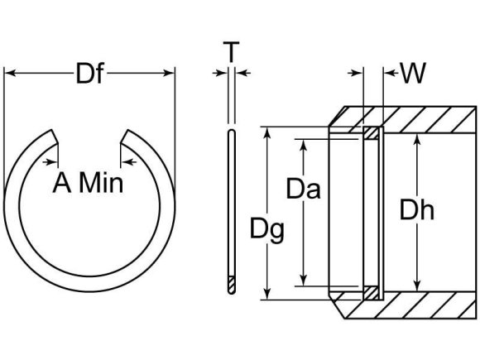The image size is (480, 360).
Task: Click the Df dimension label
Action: pyautogui.click(x=90, y=74)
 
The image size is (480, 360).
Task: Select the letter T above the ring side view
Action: pyautogui.click(x=232, y=53)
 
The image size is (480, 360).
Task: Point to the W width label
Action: pyautogui.click(x=413, y=74)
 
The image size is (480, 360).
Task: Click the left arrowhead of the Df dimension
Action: pyautogui.click(x=10, y=74)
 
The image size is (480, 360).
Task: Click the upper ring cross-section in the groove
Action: pyautogui.click(x=372, y=132)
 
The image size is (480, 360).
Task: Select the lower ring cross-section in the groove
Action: pyautogui.click(x=372, y=292)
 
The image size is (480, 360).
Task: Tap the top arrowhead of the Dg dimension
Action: pyautogui.click(x=266, y=132)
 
